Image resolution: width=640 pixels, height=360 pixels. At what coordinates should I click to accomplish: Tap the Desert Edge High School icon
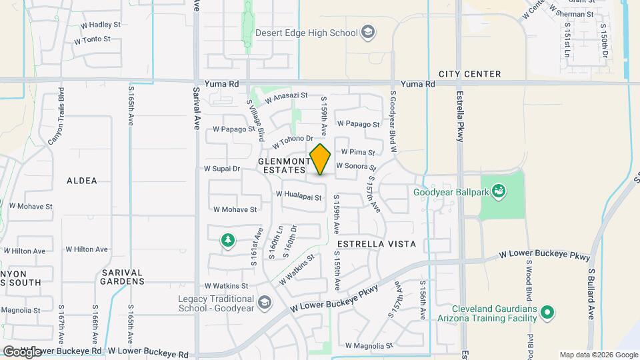(367, 31)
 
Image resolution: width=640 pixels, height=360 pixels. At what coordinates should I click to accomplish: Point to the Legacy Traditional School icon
(264, 303)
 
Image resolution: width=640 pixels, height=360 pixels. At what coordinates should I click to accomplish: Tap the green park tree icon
(228, 240)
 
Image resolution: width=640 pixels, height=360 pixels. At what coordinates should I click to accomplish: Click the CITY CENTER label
(469, 74)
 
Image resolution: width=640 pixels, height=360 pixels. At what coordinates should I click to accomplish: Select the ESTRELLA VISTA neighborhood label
(376, 245)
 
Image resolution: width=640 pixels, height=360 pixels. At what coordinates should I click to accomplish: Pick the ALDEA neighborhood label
(82, 181)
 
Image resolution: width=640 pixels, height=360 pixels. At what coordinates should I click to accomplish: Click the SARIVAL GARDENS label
(123, 277)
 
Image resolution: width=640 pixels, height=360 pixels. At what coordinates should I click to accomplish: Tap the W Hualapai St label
(299, 195)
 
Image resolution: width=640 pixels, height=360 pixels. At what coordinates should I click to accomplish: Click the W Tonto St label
(92, 40)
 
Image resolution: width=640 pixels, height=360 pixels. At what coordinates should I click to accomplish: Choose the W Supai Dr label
(222, 169)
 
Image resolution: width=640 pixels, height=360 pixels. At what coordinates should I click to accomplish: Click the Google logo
(22, 352)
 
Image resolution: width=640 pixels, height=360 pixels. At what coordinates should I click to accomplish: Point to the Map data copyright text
(598, 355)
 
